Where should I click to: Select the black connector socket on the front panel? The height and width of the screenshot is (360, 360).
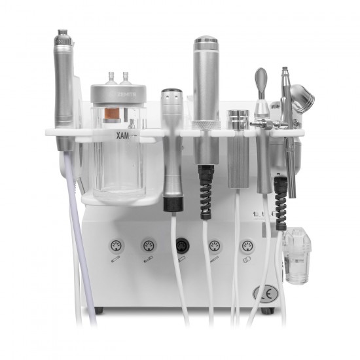pos(180,247)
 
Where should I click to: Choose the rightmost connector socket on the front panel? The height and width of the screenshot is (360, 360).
pos(247,247)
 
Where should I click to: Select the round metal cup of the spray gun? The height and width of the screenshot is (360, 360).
pos(303,101)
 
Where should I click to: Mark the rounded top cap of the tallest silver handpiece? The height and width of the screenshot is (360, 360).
pos(205,41)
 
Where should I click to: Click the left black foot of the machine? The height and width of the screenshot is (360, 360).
pos(100,308)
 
